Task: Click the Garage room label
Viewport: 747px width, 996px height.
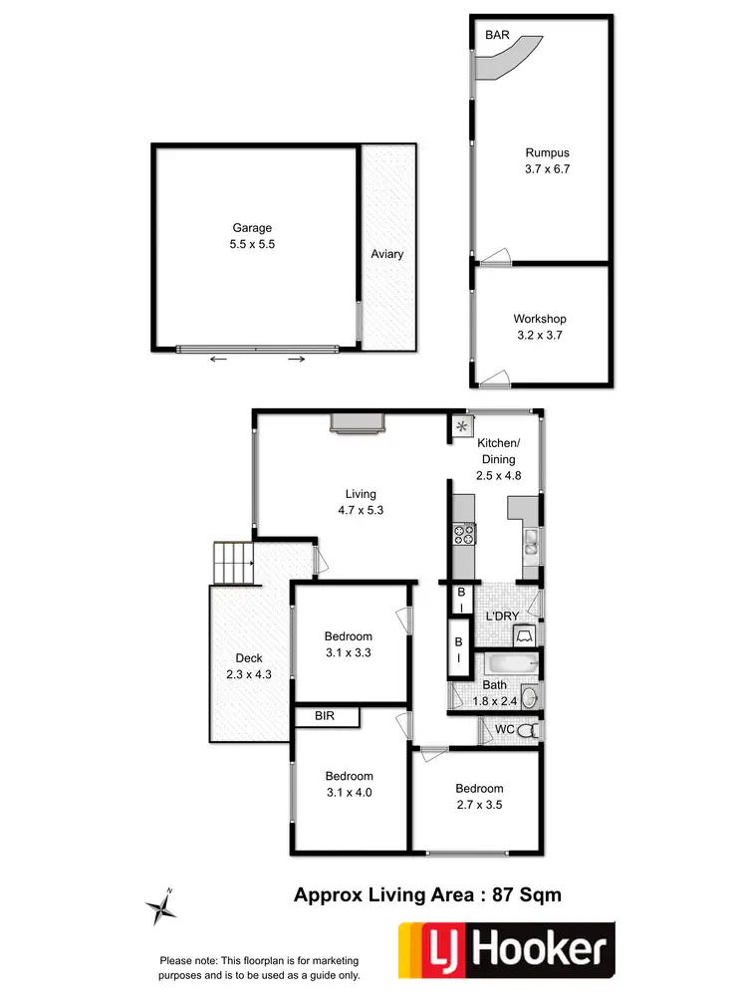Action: pos(252,228)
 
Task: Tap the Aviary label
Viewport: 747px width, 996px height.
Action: pos(387,254)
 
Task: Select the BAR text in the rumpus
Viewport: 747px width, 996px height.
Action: pos(497,35)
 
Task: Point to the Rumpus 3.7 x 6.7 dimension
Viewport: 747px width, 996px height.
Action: pos(547,169)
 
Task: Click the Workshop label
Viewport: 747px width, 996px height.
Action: pos(540,319)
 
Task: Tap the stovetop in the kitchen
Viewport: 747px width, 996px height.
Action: pos(464,535)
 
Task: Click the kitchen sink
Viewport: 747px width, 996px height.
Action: pos(531,543)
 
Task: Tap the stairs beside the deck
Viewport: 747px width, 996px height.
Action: pos(233,565)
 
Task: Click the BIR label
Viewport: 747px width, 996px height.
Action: pos(324,715)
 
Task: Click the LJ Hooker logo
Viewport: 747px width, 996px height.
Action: pos(506,947)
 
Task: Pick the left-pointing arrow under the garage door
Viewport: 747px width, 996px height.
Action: pos(218,360)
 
